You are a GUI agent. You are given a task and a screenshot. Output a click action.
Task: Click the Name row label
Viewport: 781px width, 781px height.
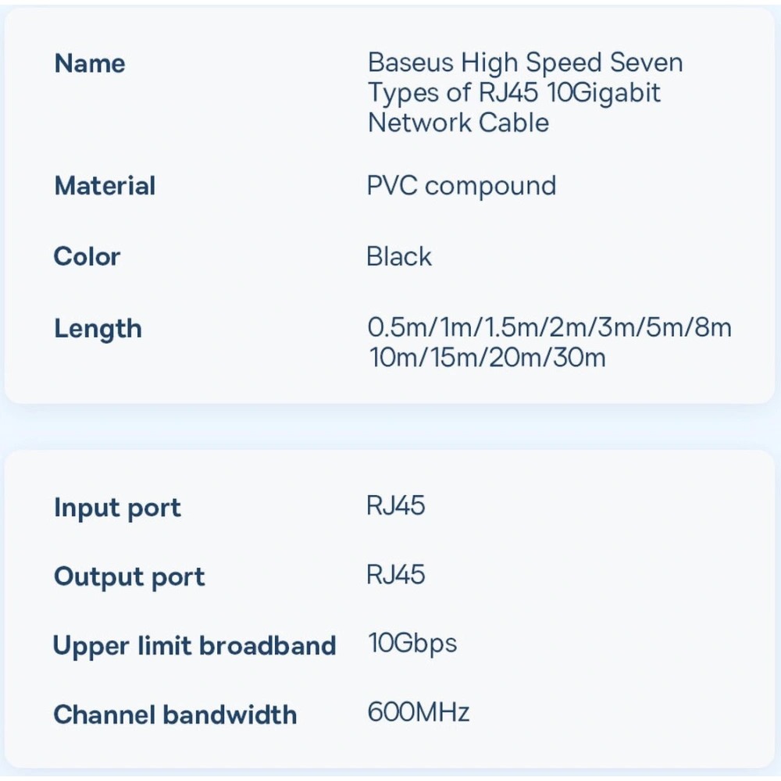pyautogui.click(x=90, y=64)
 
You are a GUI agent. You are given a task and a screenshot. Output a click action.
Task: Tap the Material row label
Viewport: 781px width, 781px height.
pyautogui.click(x=105, y=187)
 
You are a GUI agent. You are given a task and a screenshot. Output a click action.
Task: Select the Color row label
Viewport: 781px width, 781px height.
pyautogui.click(x=87, y=257)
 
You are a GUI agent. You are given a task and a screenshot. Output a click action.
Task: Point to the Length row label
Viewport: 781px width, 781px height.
pyautogui.click(x=98, y=329)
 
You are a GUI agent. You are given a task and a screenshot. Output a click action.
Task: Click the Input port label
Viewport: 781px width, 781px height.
pyautogui.click(x=117, y=508)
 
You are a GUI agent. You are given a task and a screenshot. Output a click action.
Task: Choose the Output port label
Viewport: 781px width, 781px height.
pyautogui.click(x=130, y=577)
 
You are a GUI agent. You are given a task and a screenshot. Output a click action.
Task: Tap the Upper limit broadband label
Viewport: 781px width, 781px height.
pyautogui.click(x=194, y=646)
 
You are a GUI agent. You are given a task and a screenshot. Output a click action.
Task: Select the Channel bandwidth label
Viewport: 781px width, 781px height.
pyautogui.click(x=175, y=715)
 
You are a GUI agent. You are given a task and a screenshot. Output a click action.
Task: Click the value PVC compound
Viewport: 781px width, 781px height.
pyautogui.click(x=462, y=186)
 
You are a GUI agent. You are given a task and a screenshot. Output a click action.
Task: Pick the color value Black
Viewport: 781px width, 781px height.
pyautogui.click(x=399, y=256)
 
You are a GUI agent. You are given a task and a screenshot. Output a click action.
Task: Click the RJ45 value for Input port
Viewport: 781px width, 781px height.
pyautogui.click(x=396, y=505)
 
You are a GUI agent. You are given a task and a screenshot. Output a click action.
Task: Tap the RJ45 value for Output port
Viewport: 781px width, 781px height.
pyautogui.click(x=396, y=575)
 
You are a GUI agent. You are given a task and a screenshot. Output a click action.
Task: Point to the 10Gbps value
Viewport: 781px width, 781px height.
pyautogui.click(x=412, y=644)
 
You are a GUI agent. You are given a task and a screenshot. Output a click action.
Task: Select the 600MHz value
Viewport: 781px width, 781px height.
pyautogui.click(x=419, y=712)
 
